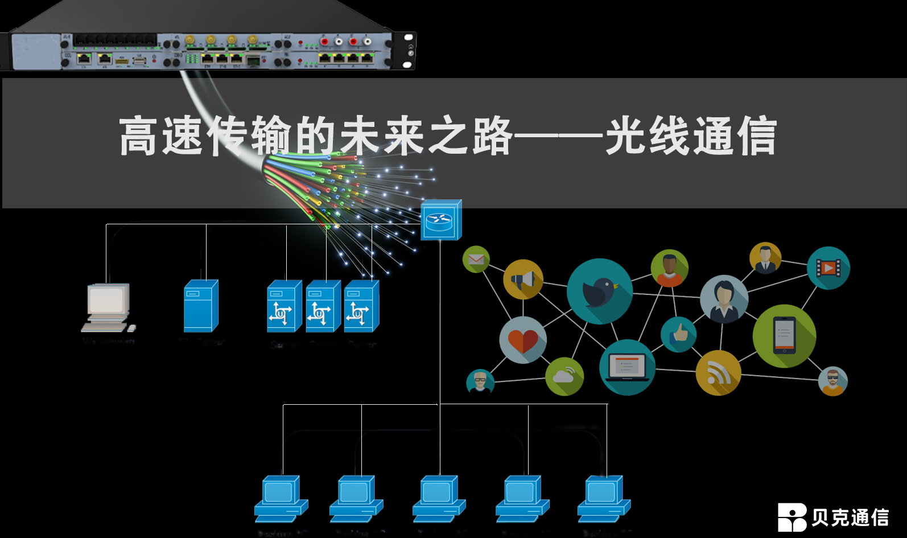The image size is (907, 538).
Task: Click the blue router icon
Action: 440,220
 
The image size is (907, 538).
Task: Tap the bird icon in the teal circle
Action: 599,291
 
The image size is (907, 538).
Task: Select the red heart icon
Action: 523,340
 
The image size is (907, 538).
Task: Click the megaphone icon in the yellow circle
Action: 523,279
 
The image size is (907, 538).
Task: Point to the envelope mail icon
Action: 476,260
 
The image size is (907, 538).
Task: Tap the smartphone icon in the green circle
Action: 784,336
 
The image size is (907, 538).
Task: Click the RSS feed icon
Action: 718,373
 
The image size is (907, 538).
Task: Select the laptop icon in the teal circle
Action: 627,367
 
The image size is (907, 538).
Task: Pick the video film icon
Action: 828,268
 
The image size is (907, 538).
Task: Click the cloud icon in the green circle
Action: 564,376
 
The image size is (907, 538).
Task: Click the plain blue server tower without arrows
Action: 201,306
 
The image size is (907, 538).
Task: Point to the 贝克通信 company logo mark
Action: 791,517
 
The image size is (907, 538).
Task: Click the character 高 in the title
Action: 138,136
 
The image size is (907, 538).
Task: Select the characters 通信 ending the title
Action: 734,136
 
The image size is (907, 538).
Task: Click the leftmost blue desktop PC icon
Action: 281,499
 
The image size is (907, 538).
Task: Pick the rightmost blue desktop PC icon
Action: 604,499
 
